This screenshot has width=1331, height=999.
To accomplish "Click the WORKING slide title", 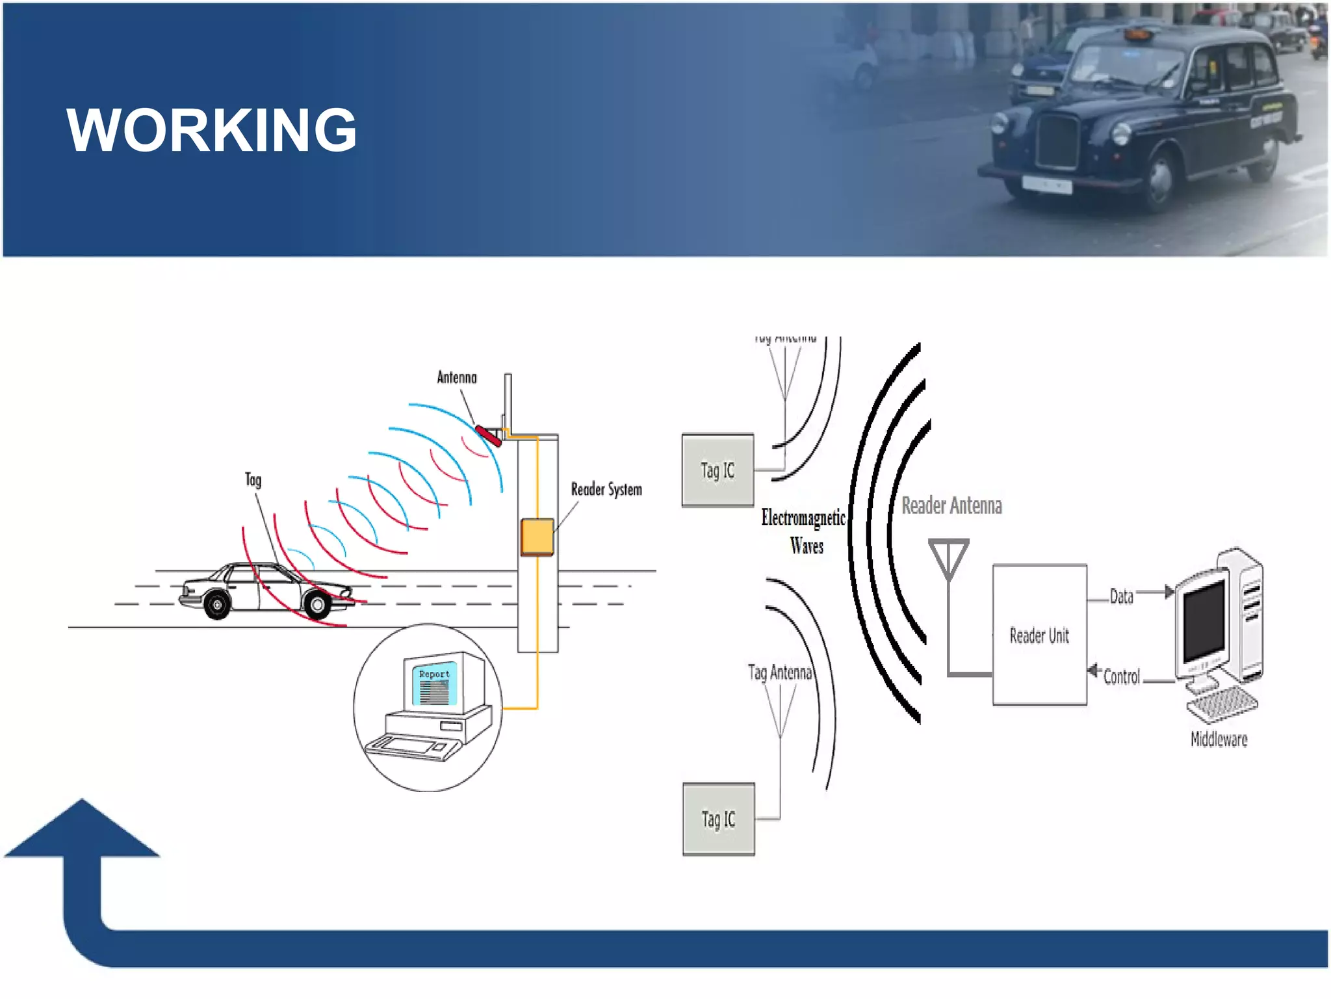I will coord(211,130).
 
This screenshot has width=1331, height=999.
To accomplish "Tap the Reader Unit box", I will coord(1039,635).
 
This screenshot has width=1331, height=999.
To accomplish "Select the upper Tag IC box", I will coord(717,470).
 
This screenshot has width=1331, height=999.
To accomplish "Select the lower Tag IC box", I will coord(718,819).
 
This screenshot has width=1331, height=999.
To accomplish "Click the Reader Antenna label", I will coord(951,505).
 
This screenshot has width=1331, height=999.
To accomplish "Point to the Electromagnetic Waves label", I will coord(805,531).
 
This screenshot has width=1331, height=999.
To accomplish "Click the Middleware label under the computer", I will coord(1219,739).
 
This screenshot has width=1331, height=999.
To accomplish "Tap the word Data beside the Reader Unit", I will coord(1121,596).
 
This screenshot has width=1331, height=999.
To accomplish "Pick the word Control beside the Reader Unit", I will coord(1122,676).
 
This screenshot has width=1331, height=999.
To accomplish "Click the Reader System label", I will coord(606,489).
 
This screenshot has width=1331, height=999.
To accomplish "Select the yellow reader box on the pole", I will coord(537,537).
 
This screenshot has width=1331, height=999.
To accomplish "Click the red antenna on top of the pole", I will coord(488,436).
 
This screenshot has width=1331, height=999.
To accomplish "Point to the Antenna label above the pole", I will coord(456,377).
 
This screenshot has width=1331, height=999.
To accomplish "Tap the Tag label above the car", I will coord(253,480).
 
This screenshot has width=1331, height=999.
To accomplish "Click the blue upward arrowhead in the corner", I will coord(82,829).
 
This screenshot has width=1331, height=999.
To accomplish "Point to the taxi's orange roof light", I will coord(1137,33).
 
